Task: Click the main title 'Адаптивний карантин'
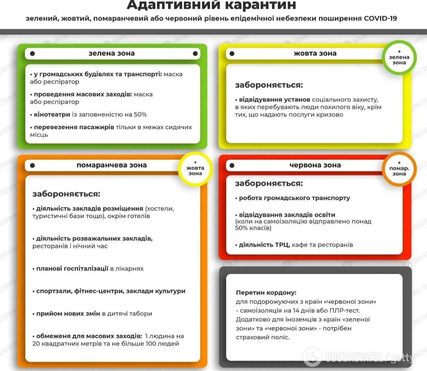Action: pos(211,5)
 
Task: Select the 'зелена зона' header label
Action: pos(111,53)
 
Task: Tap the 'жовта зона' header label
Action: pos(315,53)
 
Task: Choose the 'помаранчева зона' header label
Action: pos(111,165)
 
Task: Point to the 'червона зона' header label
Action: pos(315,165)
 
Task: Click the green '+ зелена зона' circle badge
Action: pos(399,57)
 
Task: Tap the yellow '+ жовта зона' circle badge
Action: pos(195,168)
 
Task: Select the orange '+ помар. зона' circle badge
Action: pos(399,169)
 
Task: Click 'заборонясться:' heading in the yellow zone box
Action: pos(269,85)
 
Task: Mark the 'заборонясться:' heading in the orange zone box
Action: pos(66,194)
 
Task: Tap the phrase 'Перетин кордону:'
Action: pos(266,293)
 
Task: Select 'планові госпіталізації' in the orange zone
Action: pos(72,269)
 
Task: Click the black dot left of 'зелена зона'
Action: pos(32,53)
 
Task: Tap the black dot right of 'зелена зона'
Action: pos(195,53)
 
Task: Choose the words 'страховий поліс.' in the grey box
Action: pos(263,337)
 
